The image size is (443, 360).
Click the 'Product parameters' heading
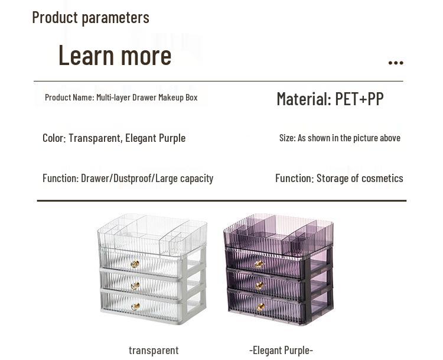[90, 18]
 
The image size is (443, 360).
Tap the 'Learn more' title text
[115, 55]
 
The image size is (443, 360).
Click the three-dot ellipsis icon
[396, 63]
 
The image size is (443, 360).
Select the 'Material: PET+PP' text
[330, 99]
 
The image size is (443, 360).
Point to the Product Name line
[121, 97]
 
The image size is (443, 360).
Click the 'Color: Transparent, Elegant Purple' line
[114, 138]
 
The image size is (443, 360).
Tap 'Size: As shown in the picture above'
[340, 138]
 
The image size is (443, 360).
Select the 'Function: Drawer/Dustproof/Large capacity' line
[128, 178]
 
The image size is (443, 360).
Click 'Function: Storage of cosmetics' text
[339, 178]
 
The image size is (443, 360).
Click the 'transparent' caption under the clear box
[154, 350]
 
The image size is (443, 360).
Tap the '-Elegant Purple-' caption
[281, 350]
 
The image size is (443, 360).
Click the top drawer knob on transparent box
[135, 264]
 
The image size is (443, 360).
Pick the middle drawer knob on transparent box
[135, 286]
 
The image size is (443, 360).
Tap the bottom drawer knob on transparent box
[135, 307]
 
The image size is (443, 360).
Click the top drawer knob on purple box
[259, 264]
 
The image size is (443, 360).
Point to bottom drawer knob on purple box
[260, 307]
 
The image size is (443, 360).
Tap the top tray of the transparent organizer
[152, 233]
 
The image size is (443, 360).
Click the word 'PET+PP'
[359, 99]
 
